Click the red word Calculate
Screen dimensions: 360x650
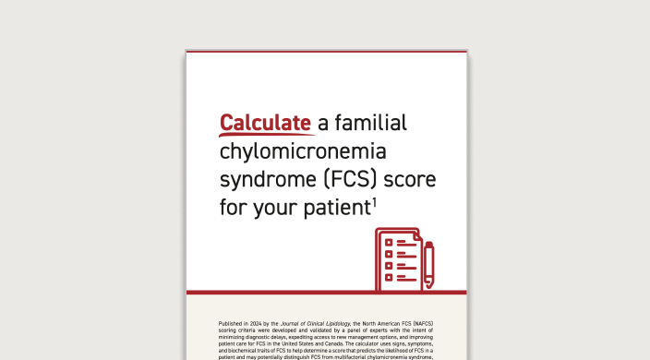coord(266,123)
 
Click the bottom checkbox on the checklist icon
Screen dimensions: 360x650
coord(389,276)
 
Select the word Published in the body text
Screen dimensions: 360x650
coord(232,324)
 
